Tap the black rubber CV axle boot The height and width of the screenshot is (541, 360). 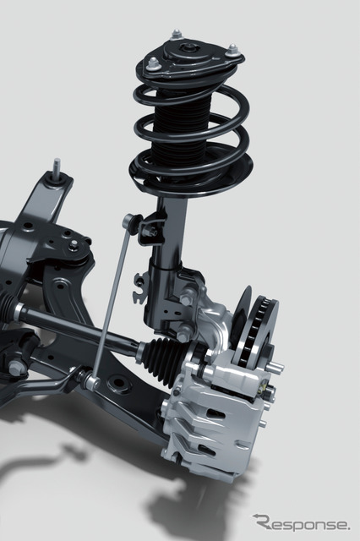[163, 356]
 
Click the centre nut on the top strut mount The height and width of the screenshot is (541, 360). [189, 47]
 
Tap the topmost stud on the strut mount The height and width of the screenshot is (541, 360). [177, 35]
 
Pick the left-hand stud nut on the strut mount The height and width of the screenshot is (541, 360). [153, 64]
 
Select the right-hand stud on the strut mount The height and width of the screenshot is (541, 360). [233, 49]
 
